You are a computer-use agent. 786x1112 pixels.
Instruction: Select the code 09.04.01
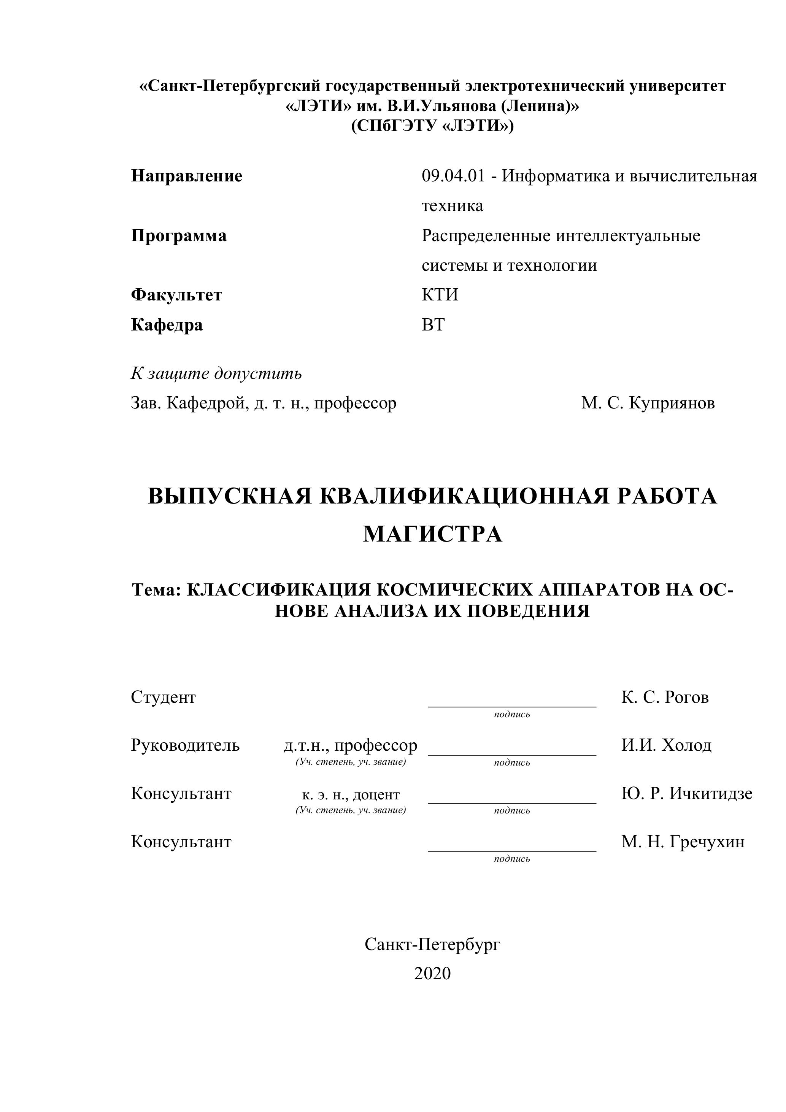click(x=453, y=176)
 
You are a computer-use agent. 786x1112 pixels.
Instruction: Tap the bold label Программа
click(x=179, y=236)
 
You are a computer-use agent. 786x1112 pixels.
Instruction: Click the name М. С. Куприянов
click(x=648, y=403)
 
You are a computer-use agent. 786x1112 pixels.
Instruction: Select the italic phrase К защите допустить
click(x=216, y=373)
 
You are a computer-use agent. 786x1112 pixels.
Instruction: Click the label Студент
click(x=163, y=697)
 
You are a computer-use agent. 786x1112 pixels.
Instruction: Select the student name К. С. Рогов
click(x=665, y=697)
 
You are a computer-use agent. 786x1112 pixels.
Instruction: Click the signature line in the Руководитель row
click(x=512, y=754)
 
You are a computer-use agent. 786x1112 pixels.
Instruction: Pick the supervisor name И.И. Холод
click(x=666, y=745)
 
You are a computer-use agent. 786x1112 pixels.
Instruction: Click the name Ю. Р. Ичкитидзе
click(x=687, y=794)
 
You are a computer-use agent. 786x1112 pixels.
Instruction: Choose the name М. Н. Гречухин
click(x=683, y=842)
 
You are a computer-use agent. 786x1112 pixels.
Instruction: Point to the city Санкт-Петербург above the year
click(x=432, y=944)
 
